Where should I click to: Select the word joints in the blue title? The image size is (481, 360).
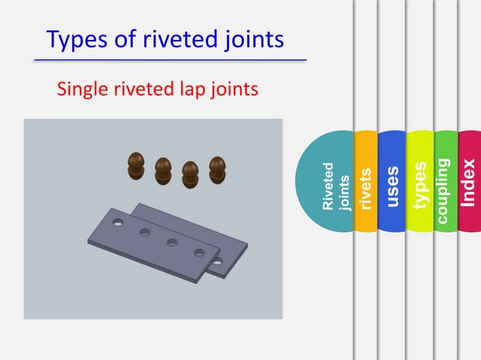click(x=251, y=39)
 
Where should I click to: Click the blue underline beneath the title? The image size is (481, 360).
click(x=170, y=59)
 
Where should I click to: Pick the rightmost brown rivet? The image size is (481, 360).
click(x=217, y=169)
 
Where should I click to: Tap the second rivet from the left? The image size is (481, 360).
click(x=163, y=170)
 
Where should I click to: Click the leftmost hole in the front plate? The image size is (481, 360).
click(x=118, y=224)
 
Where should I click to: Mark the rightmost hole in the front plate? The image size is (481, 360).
click(x=200, y=252)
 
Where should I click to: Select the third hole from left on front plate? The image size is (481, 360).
click(x=172, y=243)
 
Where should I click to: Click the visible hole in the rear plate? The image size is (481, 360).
click(x=217, y=262)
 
